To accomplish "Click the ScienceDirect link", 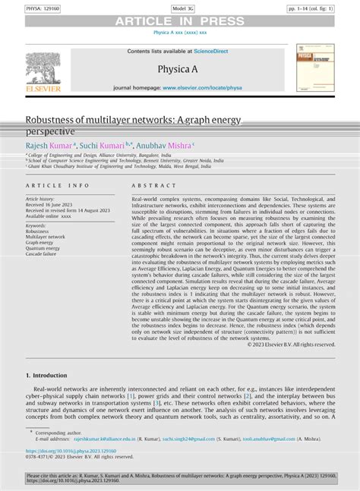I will pos(216,51).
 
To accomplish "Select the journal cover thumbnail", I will pos(314,68).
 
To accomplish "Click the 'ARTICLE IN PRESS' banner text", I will pos(179,21).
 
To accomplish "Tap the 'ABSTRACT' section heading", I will pos(153,185).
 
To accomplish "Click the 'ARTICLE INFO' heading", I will pos(58,185).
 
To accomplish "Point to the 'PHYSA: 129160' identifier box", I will pos(24,7).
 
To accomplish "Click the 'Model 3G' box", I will pos(179,7).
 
